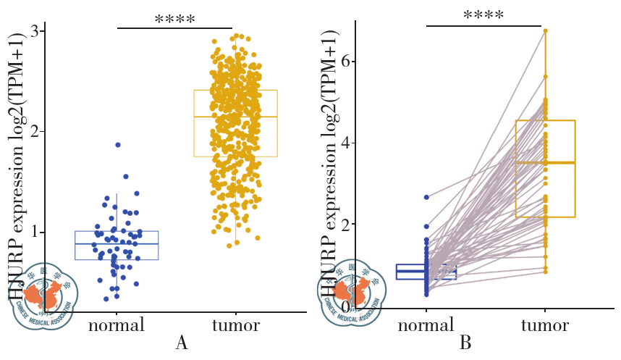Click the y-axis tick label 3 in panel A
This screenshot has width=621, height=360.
pyautogui.click(x=33, y=30)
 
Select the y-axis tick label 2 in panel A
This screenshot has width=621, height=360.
pyautogui.click(x=33, y=131)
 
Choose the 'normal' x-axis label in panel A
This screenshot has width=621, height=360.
pyautogui.click(x=117, y=325)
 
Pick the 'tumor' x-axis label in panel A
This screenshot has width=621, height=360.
pyautogui.click(x=235, y=325)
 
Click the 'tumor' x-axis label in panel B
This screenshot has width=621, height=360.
pyautogui.click(x=545, y=325)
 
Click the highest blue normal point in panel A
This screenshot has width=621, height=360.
pyautogui.click(x=117, y=145)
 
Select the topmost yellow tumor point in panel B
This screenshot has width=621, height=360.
pyautogui.click(x=546, y=30)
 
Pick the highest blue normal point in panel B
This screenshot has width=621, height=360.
pyautogui.click(x=426, y=197)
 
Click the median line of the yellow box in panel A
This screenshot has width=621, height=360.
pyautogui.click(x=235, y=117)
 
